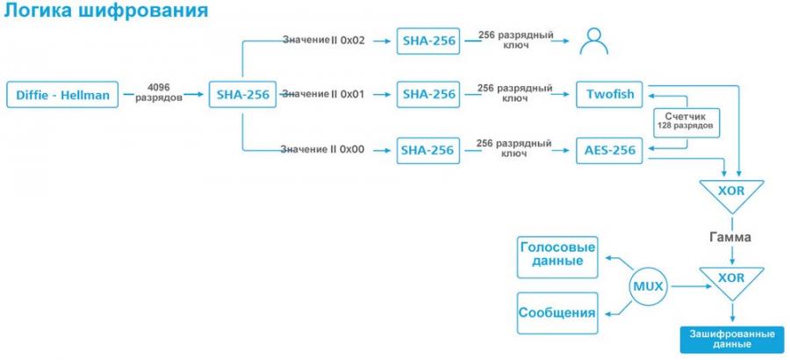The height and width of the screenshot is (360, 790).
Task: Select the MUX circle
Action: (x=646, y=285)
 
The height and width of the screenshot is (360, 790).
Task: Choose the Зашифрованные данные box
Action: (x=731, y=339)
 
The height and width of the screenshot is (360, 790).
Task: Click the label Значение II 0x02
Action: (x=322, y=40)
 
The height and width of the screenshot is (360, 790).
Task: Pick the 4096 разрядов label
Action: (x=159, y=93)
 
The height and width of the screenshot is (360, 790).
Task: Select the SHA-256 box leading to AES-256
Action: (x=427, y=150)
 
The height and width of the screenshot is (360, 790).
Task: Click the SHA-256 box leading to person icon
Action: (x=427, y=40)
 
